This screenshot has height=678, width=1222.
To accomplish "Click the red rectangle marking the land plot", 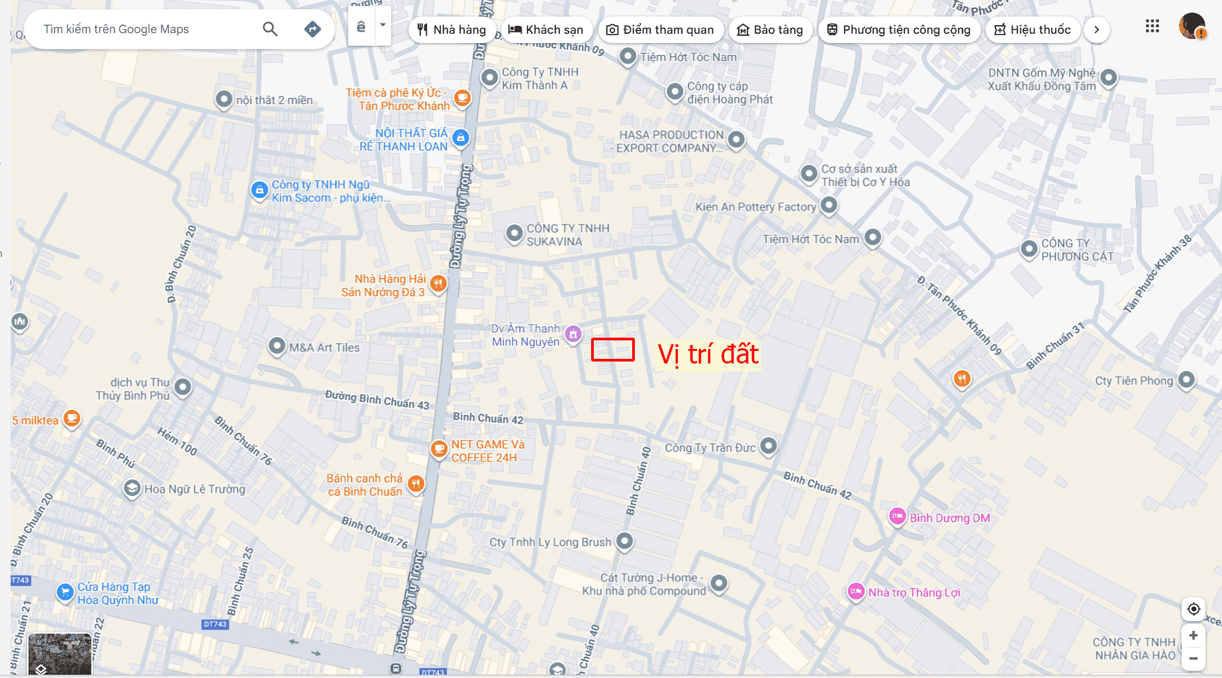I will point(612,350).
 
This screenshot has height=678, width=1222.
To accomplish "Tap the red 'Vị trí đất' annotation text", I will point(708,354).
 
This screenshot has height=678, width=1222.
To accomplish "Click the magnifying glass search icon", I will point(270,29).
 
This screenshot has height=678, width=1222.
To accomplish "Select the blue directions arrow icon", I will point(312,29).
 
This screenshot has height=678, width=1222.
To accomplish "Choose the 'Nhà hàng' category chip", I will point(451,30).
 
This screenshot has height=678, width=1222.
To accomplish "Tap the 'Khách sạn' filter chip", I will point(545,30).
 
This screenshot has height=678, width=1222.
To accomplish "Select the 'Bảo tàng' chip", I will point(770,30).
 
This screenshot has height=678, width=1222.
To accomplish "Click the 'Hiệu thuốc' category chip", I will point(1033,30).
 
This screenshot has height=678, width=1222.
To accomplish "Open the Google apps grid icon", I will point(1152,26).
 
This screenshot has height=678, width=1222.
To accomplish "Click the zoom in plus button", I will point(1194,636).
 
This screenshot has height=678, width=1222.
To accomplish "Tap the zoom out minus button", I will point(1194,658).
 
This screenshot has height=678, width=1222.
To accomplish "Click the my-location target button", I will point(1194,609).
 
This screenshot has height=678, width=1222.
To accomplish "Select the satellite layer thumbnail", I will point(60,654).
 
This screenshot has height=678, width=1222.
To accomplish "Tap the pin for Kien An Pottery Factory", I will point(829,205).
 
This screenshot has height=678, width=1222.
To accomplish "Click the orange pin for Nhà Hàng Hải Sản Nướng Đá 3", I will point(438,284).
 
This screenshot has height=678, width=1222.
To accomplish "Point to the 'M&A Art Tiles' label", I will point(324,348).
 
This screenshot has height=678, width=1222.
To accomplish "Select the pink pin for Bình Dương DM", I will point(897,516).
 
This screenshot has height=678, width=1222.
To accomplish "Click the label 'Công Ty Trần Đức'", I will point(710,448).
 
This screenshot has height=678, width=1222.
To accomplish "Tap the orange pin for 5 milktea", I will point(71,419).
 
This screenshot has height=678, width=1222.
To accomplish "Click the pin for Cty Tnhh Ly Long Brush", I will point(624,541).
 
